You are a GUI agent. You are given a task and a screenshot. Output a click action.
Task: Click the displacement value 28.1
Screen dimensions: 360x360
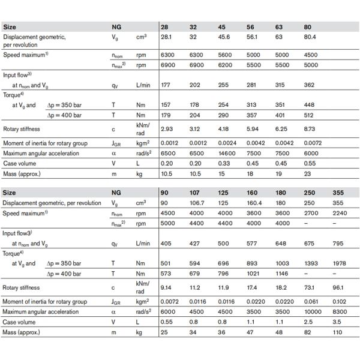166,37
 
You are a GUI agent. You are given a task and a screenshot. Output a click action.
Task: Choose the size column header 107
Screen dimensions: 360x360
196,193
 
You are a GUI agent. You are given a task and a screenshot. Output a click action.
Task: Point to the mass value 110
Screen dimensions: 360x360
340,332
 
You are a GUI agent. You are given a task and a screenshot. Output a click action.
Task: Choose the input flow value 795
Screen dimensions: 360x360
340,244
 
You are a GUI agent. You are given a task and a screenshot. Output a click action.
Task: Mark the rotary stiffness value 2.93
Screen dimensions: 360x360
167,129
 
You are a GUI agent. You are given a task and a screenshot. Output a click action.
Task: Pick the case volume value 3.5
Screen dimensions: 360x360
340,322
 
